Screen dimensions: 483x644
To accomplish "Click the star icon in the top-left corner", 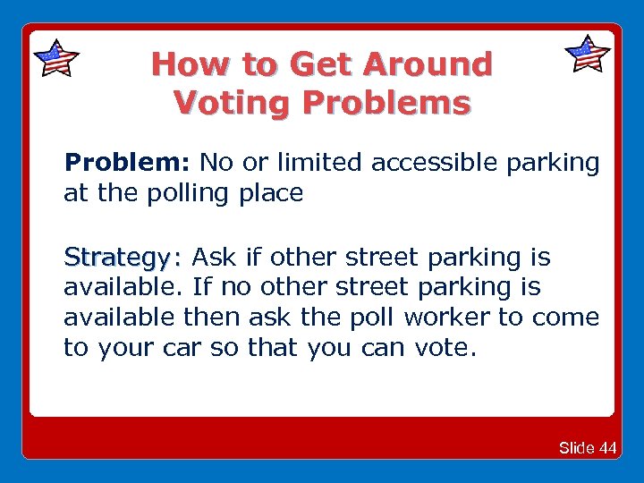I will coord(55,58).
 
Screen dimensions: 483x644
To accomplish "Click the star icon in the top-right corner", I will coord(588,55).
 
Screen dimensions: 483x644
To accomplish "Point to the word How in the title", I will coord(183,64).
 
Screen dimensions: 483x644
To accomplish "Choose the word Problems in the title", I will coord(386,103).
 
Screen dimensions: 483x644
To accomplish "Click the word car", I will coord(182,348).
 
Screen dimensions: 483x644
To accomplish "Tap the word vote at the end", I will coord(443,348).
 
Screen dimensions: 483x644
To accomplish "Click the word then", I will coord(210,318).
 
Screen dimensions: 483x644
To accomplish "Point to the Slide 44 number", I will coord(587,448).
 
